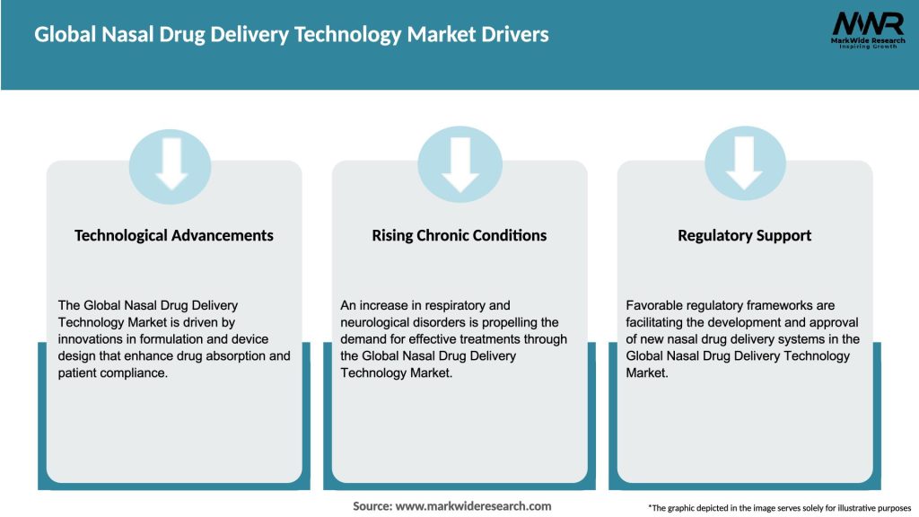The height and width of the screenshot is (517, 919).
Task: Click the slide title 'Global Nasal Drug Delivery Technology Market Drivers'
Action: tap(292, 35)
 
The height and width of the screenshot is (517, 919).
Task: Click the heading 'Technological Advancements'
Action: tap(174, 235)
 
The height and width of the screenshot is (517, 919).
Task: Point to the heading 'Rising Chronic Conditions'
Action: tap(459, 235)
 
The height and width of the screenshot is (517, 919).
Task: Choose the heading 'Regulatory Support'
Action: tap(744, 235)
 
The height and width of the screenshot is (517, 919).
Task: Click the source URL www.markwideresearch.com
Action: tap(473, 506)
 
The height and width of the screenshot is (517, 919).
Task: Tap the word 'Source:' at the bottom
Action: tap(372, 506)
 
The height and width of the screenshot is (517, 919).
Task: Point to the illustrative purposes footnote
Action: tap(779, 508)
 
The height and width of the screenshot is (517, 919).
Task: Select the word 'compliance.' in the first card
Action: tap(136, 372)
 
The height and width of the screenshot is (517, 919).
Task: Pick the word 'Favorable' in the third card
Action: tap(656, 305)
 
